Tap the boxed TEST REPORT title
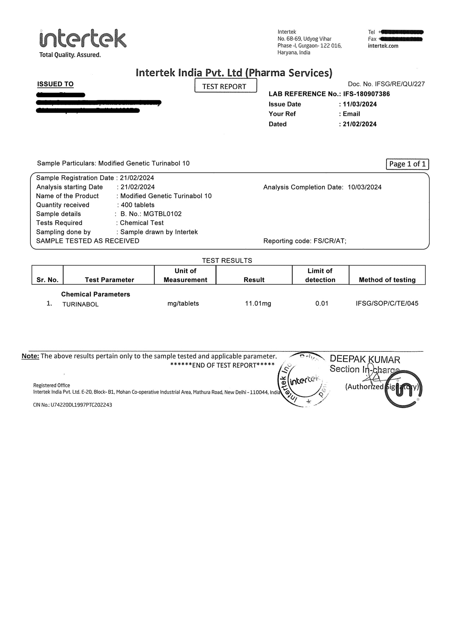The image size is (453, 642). (225, 86)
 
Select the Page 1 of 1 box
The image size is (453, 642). (407, 164)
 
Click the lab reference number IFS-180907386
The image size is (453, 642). (366, 94)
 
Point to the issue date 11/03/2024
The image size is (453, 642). (360, 104)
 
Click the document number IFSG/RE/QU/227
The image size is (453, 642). (400, 84)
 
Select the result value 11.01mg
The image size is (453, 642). (258, 303)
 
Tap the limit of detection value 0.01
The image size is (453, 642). (322, 303)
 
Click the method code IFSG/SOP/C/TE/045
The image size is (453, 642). (387, 303)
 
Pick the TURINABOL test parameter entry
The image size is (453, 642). (81, 304)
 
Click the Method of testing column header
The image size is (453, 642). (387, 280)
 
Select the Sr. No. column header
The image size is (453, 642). (48, 280)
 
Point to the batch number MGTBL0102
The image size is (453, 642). (162, 214)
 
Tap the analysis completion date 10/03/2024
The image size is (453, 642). (364, 187)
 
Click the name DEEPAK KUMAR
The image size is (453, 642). (365, 360)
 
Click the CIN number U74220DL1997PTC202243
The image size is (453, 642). (81, 405)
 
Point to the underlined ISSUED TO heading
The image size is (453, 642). (55, 84)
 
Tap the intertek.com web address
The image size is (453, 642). (383, 46)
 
